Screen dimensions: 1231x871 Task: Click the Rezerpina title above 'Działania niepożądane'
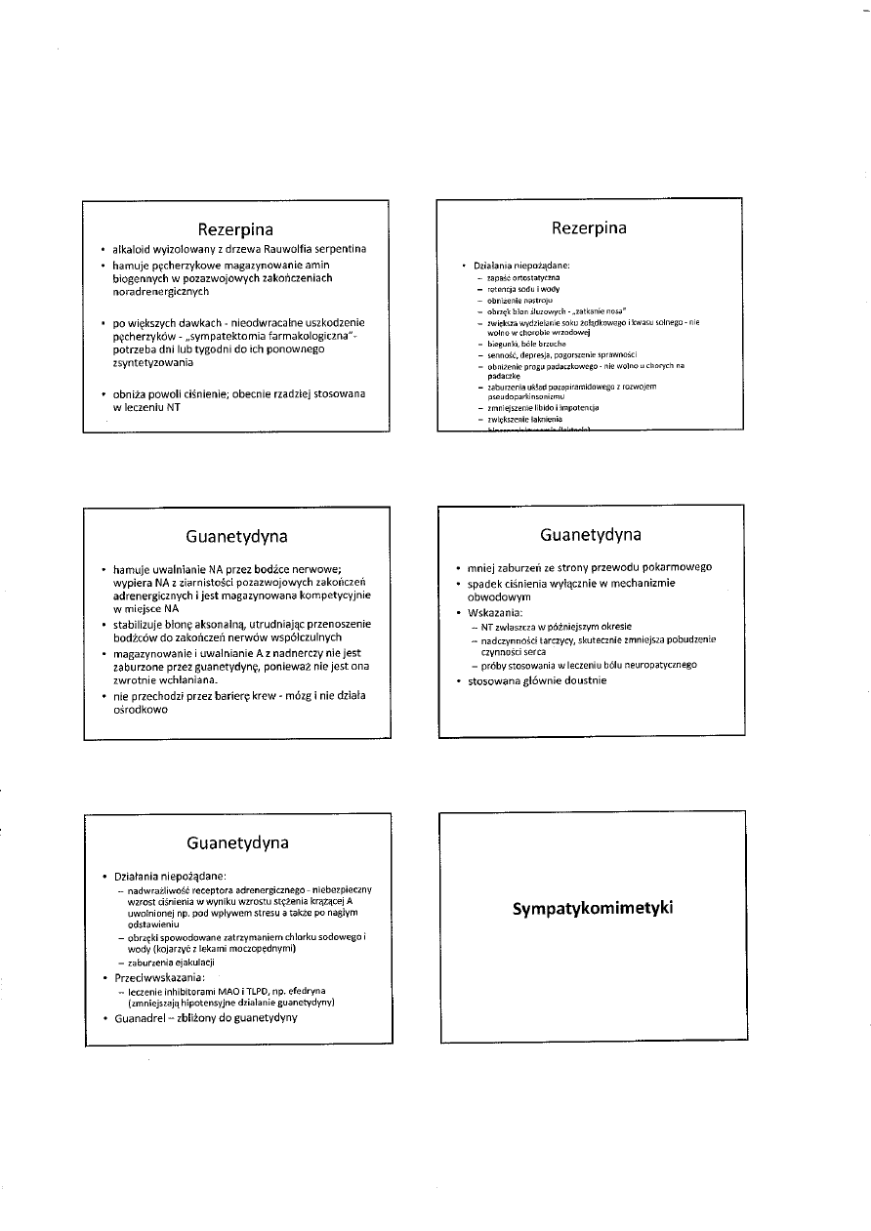[589, 228]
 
